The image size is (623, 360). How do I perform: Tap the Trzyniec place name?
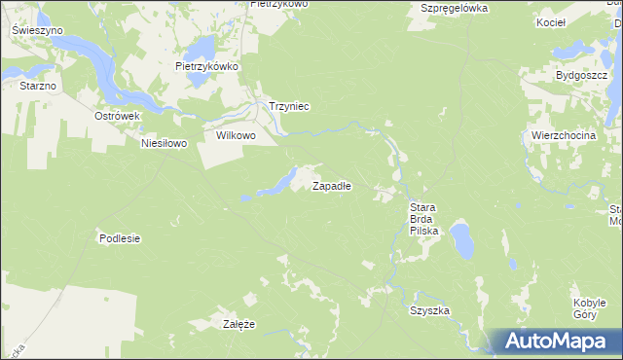click(288, 107)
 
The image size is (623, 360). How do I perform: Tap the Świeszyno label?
click(38, 30)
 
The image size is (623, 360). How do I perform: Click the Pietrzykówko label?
click(206, 67)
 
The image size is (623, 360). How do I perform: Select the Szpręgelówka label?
click(454, 8)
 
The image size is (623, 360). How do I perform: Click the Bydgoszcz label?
click(581, 75)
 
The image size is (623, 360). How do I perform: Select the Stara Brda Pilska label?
click(424, 219)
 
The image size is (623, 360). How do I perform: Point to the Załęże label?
click(238, 324)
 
